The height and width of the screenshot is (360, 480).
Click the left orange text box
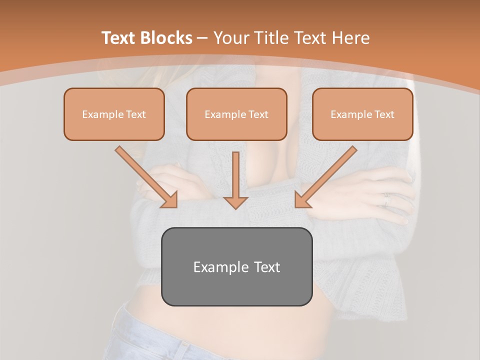(x=114, y=114)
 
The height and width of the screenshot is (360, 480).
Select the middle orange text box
(x=236, y=114)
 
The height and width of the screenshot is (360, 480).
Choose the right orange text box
(x=362, y=114)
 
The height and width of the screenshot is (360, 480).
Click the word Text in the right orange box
(x=384, y=114)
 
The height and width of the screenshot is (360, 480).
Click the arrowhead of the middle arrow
(x=236, y=202)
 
